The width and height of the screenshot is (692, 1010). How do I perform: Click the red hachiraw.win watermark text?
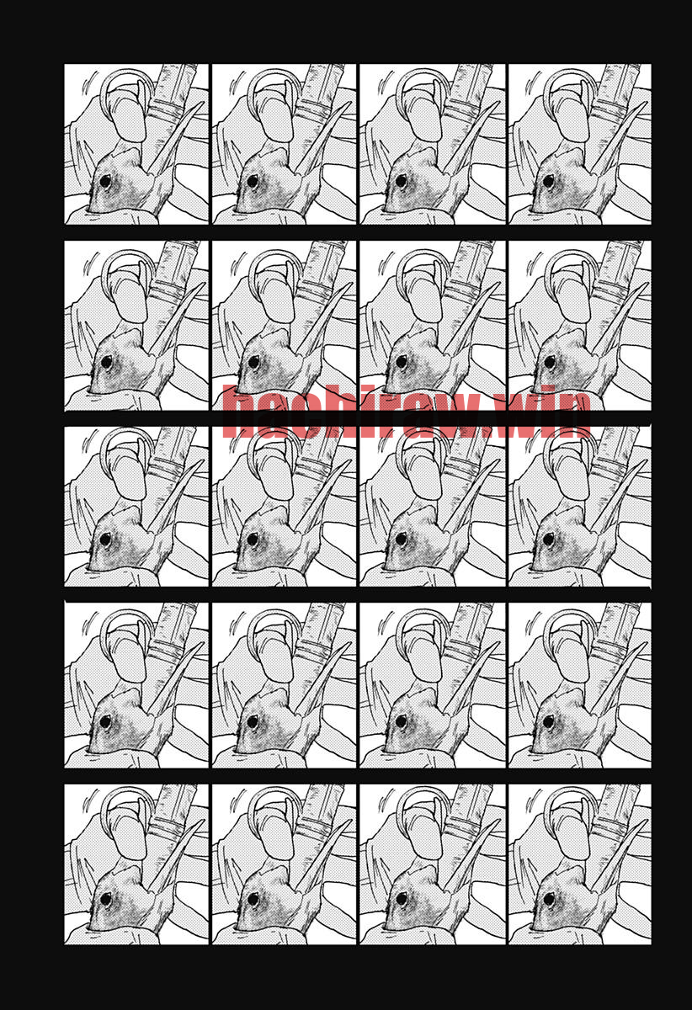(x=407, y=412)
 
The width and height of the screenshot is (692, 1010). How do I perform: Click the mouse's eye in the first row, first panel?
(x=105, y=182)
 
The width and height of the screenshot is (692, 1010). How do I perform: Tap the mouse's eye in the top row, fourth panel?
(x=549, y=182)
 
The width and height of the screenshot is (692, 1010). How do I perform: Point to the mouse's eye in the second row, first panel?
(x=106, y=362)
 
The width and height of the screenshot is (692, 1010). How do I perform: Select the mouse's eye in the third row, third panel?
(x=401, y=539)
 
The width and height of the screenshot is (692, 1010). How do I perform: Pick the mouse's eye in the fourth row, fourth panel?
(x=549, y=721)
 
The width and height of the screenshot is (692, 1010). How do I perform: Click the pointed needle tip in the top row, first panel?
(x=203, y=104)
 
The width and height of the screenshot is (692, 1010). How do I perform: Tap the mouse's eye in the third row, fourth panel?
(x=549, y=539)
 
